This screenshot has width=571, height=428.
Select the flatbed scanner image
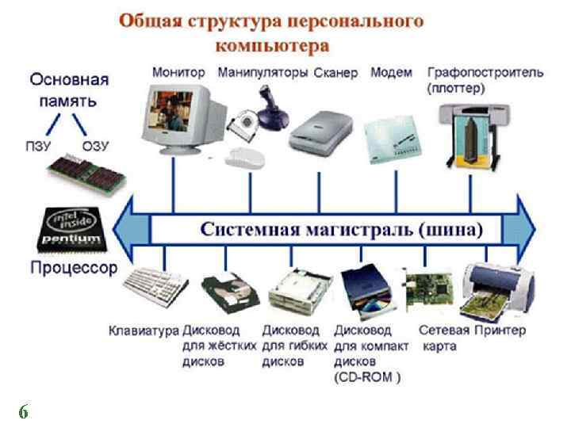316,131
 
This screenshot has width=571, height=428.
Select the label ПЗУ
39,146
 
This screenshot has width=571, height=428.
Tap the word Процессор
74,267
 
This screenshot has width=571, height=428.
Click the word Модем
391,72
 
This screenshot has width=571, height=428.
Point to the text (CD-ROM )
367,376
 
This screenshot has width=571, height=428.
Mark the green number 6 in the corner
24,411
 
